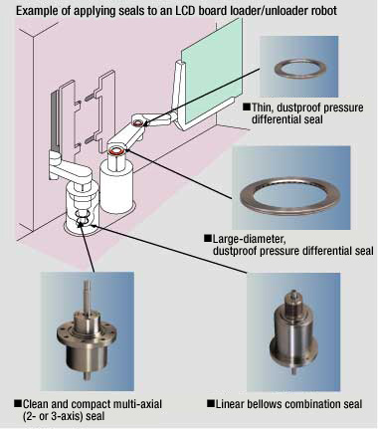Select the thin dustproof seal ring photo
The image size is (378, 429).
300,70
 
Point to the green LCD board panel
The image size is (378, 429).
213,70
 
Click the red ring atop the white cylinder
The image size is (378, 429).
116,151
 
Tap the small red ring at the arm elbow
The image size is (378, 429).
138,123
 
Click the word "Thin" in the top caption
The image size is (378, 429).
262,107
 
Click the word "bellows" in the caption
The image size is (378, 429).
262,404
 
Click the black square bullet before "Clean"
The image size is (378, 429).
18,404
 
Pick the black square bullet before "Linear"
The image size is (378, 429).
211,403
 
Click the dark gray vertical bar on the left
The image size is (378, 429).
55,121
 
